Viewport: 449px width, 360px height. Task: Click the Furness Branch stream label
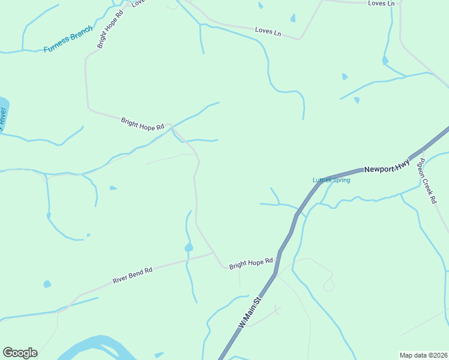click(x=68, y=40)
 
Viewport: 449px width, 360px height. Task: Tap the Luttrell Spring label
click(x=331, y=180)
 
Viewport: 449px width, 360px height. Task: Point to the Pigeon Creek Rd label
click(x=427, y=180)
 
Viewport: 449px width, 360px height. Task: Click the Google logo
click(x=20, y=353)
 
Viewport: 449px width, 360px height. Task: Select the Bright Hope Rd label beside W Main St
click(x=251, y=263)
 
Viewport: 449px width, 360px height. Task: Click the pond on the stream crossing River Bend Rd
click(x=188, y=247)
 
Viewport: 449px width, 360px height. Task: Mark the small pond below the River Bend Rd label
click(x=47, y=284)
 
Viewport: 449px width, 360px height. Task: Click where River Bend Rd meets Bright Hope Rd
click(x=214, y=254)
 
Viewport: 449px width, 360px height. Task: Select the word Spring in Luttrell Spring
click(x=340, y=180)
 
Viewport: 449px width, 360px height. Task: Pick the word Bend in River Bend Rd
click(x=136, y=274)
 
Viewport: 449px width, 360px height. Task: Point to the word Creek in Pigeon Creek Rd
click(x=427, y=182)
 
